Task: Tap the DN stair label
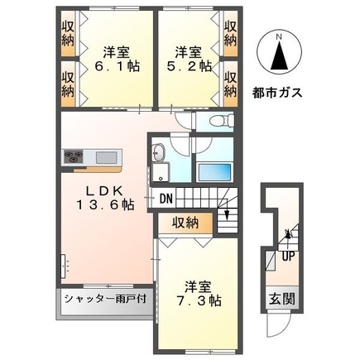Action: [166, 199]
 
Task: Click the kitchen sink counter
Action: [105, 157]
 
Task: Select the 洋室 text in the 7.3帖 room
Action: [199, 286]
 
